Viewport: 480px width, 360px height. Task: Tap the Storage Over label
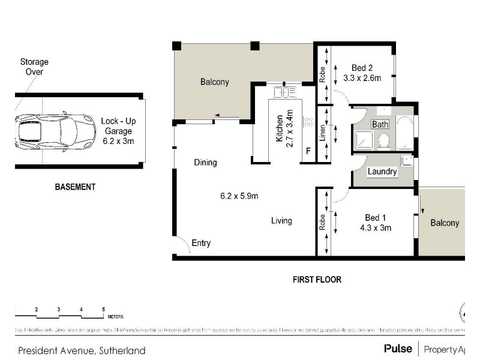(34, 67)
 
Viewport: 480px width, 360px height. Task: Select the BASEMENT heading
(75, 187)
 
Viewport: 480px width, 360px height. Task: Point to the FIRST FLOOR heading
(317, 279)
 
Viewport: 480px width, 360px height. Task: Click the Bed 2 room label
(362, 67)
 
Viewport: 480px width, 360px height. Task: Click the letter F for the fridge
(308, 151)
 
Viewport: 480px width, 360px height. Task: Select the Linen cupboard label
(322, 133)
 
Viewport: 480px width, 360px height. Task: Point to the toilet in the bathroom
(384, 141)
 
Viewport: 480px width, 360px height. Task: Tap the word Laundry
(382, 172)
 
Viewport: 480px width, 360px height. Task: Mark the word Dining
(205, 163)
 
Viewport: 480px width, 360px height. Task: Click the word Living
(281, 221)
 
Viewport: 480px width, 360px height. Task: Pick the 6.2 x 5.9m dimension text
(239, 195)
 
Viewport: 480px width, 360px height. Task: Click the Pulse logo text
(398, 349)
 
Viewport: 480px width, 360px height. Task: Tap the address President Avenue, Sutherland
(82, 350)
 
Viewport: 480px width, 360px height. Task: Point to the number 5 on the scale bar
(104, 309)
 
